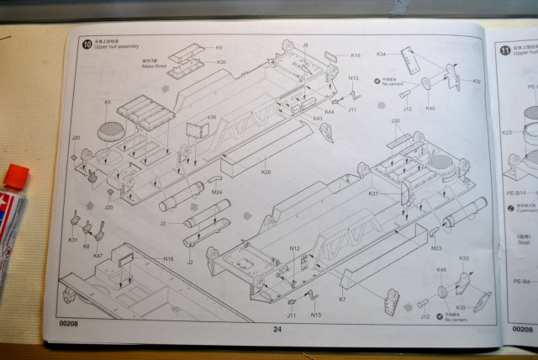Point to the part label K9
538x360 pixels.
click(x=219, y=48)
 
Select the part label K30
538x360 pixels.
click(x=221, y=61)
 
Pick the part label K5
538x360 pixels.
click(x=108, y=103)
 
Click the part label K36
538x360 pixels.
click(x=212, y=117)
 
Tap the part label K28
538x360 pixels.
click(x=266, y=172)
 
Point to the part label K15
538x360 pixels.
click(x=356, y=56)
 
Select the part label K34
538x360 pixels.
click(x=381, y=54)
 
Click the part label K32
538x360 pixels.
click(x=477, y=82)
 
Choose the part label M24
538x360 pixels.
click(x=216, y=192)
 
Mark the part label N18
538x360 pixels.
click(x=168, y=258)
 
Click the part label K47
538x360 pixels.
click(x=98, y=256)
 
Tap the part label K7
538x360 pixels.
click(x=342, y=299)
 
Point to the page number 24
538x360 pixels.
click(x=277, y=329)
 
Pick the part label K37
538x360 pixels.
click(x=373, y=193)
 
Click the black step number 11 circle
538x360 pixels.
click(x=505, y=51)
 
